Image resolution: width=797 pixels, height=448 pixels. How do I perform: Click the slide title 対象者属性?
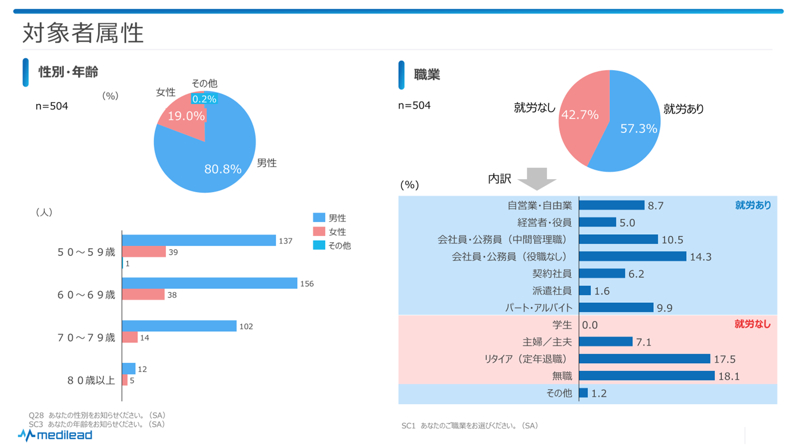tap(83, 33)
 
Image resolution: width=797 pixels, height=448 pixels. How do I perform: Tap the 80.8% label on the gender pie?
tap(223, 169)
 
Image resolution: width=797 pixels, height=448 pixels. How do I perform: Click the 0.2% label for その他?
tap(204, 99)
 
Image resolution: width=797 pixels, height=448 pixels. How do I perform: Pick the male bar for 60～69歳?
tap(210, 283)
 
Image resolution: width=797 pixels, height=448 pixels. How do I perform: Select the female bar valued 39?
tap(144, 252)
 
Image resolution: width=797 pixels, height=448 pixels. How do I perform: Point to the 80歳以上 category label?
tap(91, 381)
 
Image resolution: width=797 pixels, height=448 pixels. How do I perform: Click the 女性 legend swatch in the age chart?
tap(319, 232)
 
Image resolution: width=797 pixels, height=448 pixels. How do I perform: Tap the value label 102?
tap(246, 327)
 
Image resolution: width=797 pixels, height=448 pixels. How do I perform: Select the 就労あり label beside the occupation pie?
tap(684, 109)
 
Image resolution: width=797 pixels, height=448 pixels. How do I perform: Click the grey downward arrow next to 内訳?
tap(537, 179)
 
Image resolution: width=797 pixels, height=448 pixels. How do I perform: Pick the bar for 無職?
tap(647, 376)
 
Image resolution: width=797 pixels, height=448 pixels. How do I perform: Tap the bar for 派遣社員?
tap(585, 290)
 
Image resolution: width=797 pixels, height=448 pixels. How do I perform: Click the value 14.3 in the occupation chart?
tap(701, 257)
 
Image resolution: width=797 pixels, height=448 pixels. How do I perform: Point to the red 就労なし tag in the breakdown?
tap(753, 324)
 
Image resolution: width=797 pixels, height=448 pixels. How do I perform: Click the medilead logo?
tap(55, 435)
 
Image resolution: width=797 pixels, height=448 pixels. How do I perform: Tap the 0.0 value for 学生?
tap(590, 325)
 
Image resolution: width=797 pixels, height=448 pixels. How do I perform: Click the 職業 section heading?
tap(427, 74)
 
